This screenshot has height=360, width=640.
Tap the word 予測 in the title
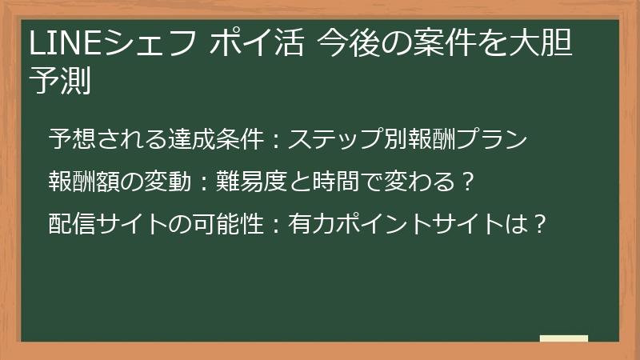coord(59,82)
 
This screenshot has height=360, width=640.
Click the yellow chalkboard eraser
coord(564,338)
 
